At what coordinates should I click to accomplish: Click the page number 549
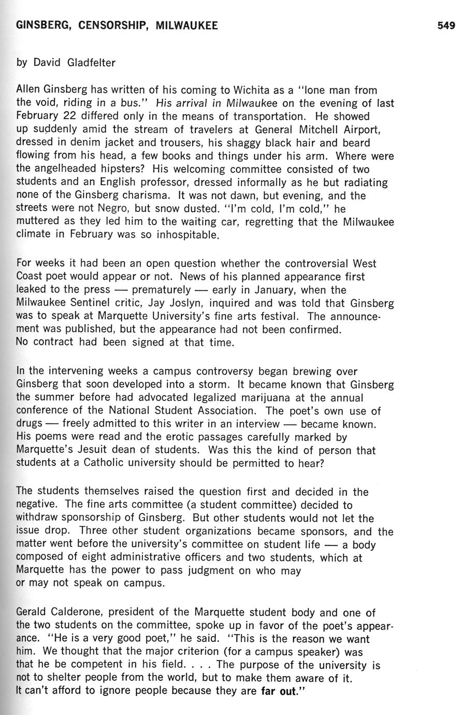(445, 25)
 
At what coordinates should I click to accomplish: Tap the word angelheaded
(68, 169)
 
